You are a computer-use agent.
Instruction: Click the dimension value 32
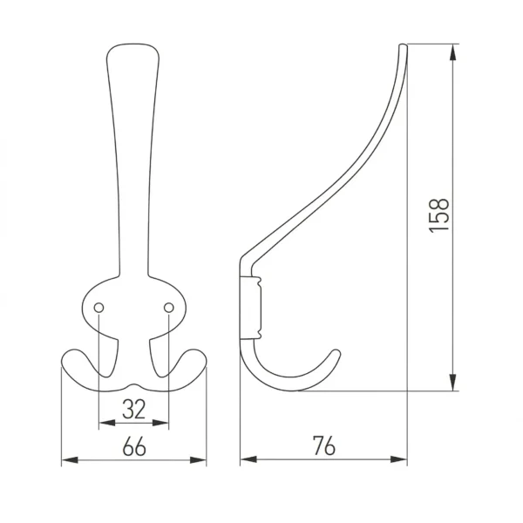click(x=133, y=409)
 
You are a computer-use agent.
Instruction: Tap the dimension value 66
click(x=134, y=446)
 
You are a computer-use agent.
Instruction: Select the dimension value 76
click(x=324, y=445)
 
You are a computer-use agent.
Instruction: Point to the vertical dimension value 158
click(x=438, y=215)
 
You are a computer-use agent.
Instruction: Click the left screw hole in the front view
click(x=98, y=308)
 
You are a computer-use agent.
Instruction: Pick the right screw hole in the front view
click(x=169, y=308)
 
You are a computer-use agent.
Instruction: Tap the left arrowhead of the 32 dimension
click(x=107, y=423)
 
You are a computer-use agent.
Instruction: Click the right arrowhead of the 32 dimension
click(x=160, y=423)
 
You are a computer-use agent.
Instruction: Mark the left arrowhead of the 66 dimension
click(x=70, y=460)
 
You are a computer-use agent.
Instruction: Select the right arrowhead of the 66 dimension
click(x=198, y=460)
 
